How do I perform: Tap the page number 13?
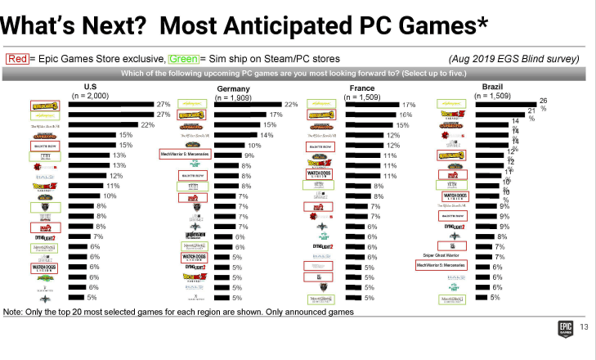point(584,329)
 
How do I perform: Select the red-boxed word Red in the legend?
point(16,59)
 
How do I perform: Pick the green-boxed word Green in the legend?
point(182,59)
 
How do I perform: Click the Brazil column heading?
point(493,86)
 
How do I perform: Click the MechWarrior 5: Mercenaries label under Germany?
point(185,154)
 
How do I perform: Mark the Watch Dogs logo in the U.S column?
point(46,267)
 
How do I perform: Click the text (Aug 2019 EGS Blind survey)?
point(514,59)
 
